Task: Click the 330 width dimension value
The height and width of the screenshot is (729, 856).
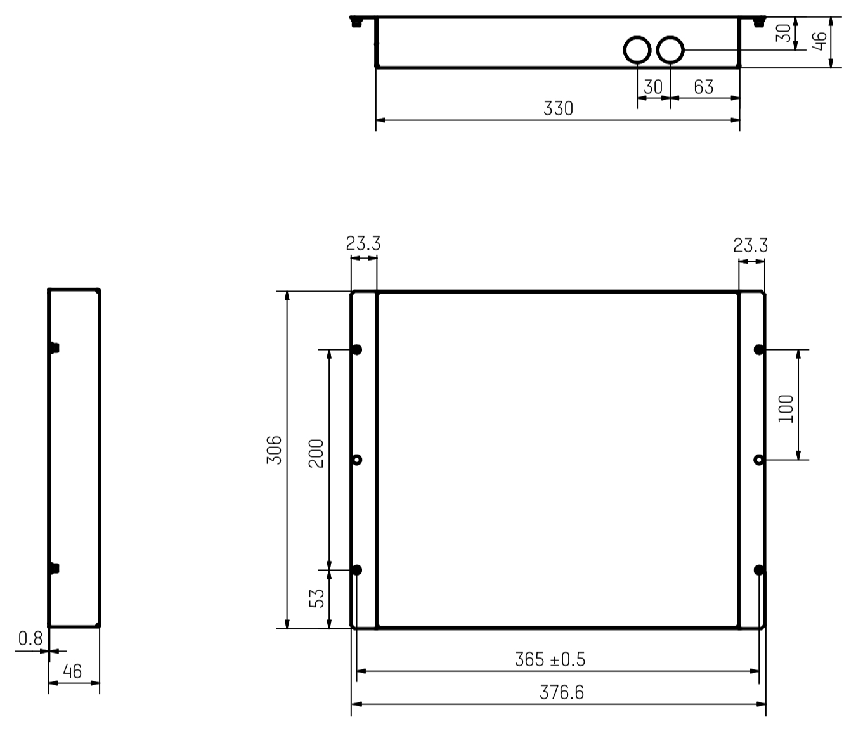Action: [x=558, y=108]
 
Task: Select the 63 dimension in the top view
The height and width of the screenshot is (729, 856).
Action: [x=703, y=87]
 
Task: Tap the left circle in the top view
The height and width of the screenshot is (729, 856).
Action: [x=637, y=50]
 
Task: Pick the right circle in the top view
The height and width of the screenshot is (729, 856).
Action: [x=670, y=50]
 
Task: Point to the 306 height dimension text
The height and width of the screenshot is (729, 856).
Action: [x=274, y=449]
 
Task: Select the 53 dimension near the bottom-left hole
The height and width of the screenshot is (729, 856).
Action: [x=316, y=598]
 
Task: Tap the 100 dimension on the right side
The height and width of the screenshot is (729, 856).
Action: [x=786, y=409]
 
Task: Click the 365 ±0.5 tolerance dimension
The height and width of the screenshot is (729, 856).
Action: [x=550, y=659]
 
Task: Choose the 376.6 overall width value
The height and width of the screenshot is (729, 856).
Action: [x=562, y=692]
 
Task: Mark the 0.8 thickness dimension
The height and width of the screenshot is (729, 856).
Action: [x=30, y=638]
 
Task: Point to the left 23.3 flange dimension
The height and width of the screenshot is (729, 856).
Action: [x=363, y=243]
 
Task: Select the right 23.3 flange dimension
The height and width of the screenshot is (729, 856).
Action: [x=750, y=245]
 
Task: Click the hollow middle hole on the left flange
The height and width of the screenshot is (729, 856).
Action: [x=357, y=460]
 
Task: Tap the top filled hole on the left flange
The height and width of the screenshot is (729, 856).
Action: [x=357, y=349]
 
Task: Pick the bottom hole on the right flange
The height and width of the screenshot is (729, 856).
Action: [x=759, y=570]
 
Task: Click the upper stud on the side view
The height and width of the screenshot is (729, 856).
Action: [x=55, y=347]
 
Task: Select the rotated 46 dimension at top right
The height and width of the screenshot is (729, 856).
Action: [x=820, y=42]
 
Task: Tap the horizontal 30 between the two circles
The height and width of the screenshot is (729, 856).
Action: [x=652, y=87]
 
